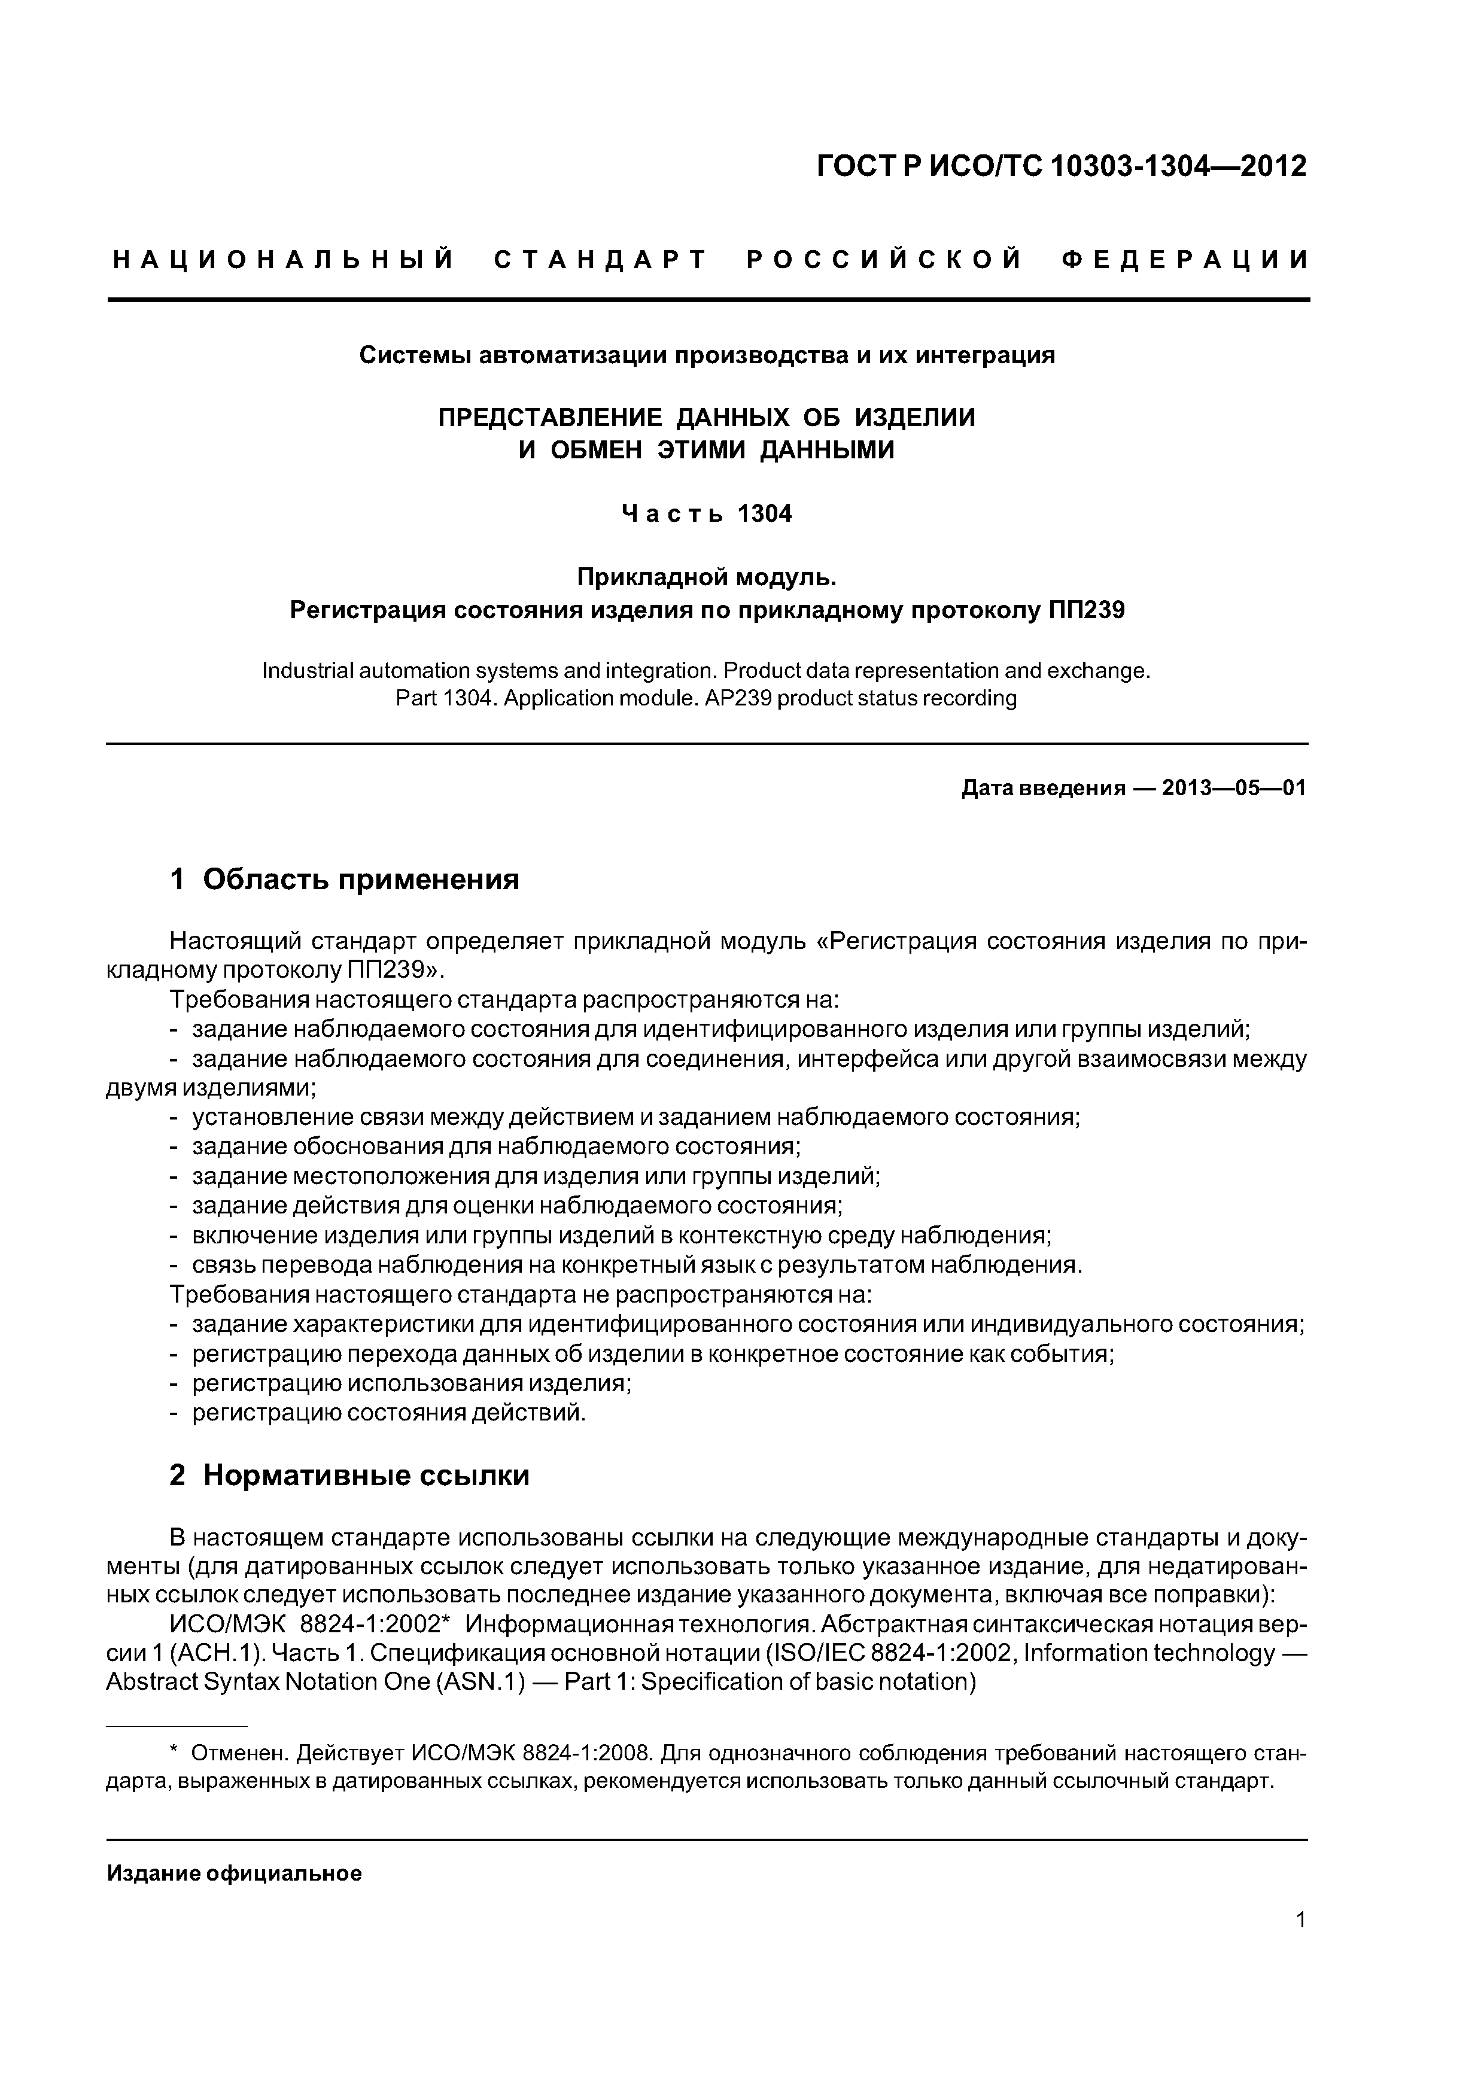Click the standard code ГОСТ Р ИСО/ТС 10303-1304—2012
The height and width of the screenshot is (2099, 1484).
coord(1061,166)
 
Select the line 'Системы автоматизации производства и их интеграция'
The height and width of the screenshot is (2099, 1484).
coord(707,355)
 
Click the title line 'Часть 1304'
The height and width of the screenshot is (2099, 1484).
coord(707,514)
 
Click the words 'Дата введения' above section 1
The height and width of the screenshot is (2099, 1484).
coord(1042,788)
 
